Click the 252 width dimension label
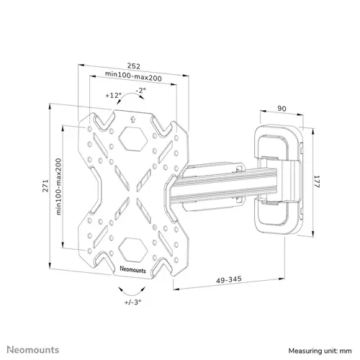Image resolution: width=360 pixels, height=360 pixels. coord(133,66)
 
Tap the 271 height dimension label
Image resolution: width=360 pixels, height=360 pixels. coord(45,186)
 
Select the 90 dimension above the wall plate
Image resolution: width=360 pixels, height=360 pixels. coord(282,109)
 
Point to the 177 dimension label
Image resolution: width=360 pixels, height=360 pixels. coord(317,181)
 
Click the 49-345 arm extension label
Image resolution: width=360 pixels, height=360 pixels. coord(229,280)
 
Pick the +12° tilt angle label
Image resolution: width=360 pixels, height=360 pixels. coord(114,96)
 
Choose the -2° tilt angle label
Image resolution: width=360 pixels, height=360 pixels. coord(140,91)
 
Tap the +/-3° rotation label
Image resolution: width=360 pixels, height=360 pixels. coord(132,302)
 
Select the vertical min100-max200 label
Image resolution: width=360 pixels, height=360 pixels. coord(58,186)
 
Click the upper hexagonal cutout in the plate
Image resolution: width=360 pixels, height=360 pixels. coord(132,139)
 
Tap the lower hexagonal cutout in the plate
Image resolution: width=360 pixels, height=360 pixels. coord(132,250)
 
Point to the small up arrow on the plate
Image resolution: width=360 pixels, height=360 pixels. coord(132,119)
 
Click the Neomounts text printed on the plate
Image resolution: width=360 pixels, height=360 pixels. coord(132,269)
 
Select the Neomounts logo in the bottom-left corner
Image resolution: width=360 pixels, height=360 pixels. coord(33,350)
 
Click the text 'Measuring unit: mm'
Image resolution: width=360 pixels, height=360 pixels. coord(320,351)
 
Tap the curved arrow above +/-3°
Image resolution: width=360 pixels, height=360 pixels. coord(132,294)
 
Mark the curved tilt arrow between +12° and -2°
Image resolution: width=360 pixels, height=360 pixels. coord(130,95)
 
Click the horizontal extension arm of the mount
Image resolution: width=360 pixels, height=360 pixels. coord(223,186)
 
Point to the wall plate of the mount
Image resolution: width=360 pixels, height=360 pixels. coord(279,179)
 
